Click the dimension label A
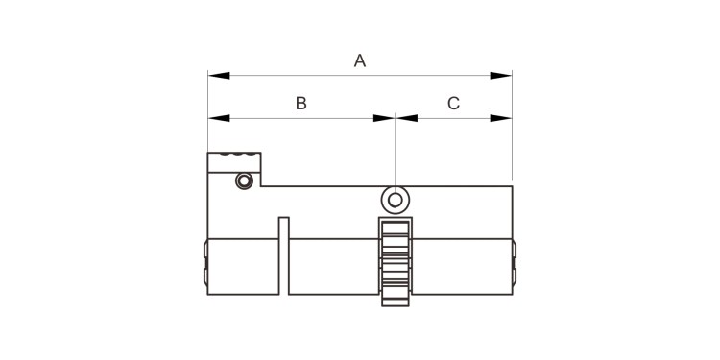tap(360, 60)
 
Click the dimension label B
tap(300, 104)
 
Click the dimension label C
tap(453, 104)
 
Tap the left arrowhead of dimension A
tap(219, 75)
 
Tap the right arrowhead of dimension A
tap(500, 75)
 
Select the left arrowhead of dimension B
tap(219, 118)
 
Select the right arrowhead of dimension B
tap(384, 118)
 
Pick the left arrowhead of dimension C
tap(407, 118)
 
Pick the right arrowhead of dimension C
tap(500, 118)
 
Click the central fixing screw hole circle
tap(395, 201)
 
